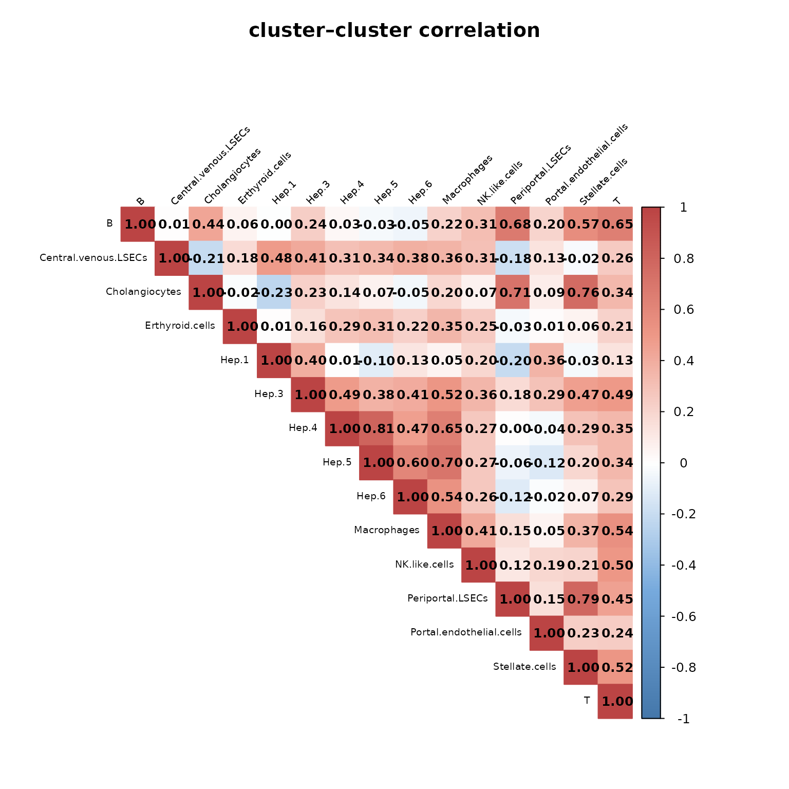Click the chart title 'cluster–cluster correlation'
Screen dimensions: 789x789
(x=394, y=31)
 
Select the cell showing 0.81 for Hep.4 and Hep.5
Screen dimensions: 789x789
(x=376, y=428)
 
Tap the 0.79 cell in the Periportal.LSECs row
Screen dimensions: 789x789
(x=580, y=599)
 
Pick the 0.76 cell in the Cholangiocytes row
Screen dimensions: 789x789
(x=580, y=292)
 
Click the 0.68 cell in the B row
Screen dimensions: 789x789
(x=512, y=224)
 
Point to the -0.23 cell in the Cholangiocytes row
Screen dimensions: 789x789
(x=274, y=292)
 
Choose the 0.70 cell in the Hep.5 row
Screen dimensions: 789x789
(x=444, y=462)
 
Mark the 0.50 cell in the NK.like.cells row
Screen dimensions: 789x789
(x=615, y=565)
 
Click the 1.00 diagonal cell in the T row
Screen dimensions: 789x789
(x=615, y=701)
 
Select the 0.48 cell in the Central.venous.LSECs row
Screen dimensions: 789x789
(x=274, y=258)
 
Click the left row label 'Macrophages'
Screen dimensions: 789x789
(x=387, y=530)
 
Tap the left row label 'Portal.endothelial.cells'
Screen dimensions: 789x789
(x=466, y=632)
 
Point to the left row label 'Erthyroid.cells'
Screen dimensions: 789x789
(x=180, y=326)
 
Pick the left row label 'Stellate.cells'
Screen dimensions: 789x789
(x=524, y=667)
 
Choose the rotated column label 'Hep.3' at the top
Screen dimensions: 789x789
(x=318, y=192)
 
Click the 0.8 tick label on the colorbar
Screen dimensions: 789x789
(x=683, y=258)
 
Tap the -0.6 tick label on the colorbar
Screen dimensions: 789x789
(x=684, y=616)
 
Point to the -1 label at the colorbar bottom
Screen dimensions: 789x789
(x=684, y=719)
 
